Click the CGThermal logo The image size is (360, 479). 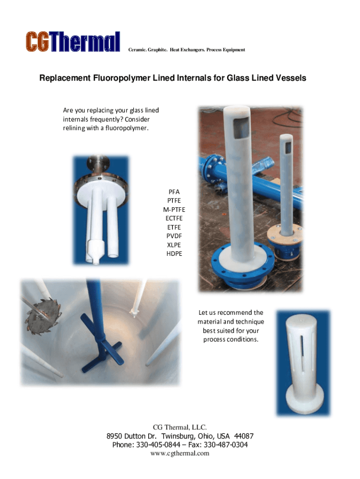click(72, 41)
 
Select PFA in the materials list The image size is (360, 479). click(174, 192)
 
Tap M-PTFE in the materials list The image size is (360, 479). click(174, 210)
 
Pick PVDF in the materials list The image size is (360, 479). click(174, 236)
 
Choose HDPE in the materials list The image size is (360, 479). click(174, 254)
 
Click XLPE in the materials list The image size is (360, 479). click(174, 245)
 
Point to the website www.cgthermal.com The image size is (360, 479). click(180, 453)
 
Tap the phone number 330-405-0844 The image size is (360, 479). click(158, 445)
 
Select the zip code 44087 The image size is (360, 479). click(244, 436)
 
